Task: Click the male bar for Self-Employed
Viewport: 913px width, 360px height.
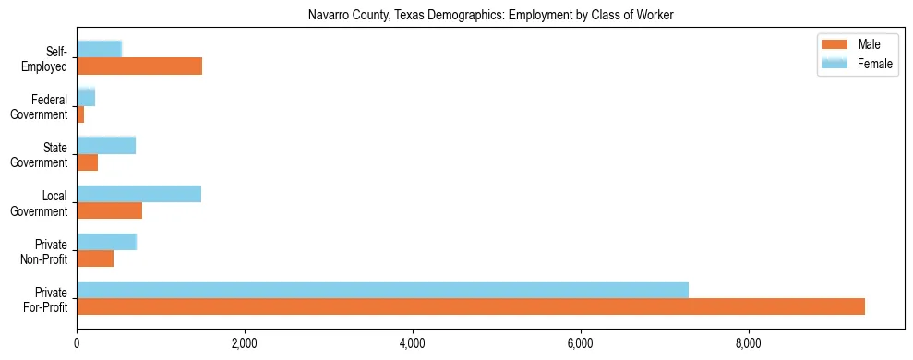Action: (x=139, y=66)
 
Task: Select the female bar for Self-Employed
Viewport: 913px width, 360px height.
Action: (x=99, y=49)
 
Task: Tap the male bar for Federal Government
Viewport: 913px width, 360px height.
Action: (x=80, y=114)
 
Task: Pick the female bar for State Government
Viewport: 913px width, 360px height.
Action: (x=106, y=145)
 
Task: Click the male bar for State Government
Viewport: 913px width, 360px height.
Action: (x=87, y=162)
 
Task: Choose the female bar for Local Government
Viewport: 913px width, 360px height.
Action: (x=138, y=193)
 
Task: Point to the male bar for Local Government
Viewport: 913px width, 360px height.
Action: (x=109, y=210)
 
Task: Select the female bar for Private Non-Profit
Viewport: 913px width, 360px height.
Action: (x=106, y=242)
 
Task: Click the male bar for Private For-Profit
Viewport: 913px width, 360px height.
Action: (x=471, y=306)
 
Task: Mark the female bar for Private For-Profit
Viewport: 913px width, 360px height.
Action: (x=382, y=290)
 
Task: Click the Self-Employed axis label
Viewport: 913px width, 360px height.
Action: (x=49, y=58)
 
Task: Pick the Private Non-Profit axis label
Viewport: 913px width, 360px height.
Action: (x=48, y=251)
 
